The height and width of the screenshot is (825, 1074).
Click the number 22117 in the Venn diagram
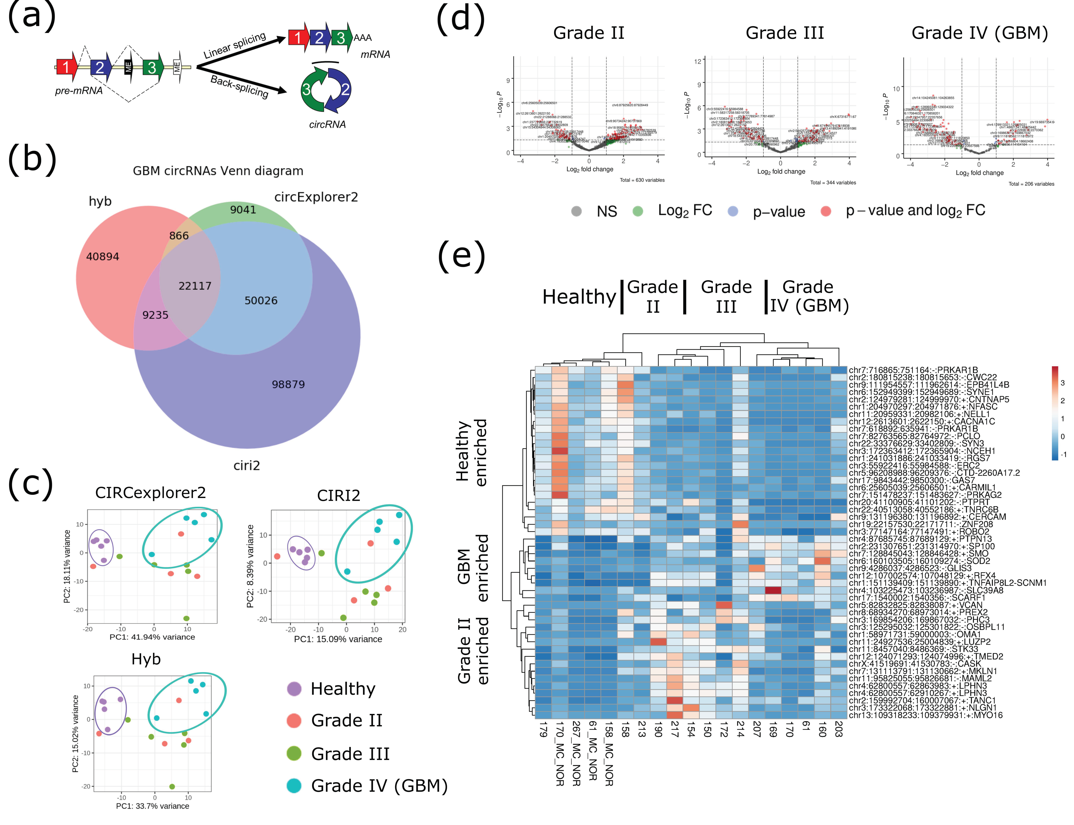click(195, 286)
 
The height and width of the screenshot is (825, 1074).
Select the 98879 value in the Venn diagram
click(288, 385)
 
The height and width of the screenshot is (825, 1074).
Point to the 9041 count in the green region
click(243, 210)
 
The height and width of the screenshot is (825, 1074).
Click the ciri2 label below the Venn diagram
click(247, 465)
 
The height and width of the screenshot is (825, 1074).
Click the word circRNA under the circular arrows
click(327, 125)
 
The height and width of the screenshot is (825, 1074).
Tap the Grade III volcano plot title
click(785, 33)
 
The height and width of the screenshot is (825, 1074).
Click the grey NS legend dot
click(577, 211)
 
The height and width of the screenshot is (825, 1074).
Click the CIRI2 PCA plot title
click(338, 495)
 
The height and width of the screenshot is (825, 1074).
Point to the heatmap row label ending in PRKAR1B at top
click(913, 370)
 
